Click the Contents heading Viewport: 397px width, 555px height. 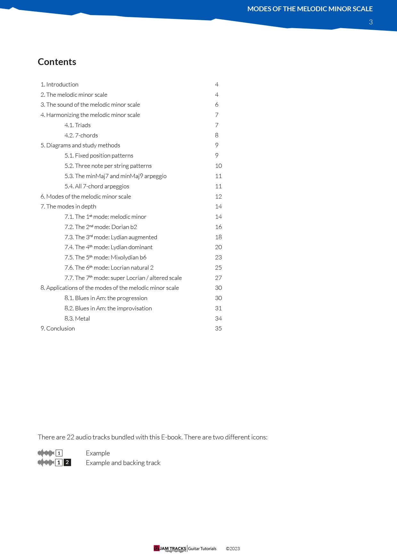click(57, 62)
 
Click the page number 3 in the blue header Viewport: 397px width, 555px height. click(371, 22)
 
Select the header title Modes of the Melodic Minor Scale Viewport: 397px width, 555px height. click(310, 9)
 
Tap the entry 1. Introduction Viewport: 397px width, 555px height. click(60, 85)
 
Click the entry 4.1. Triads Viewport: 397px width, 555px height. click(77, 125)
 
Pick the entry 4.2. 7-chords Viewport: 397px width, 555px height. click(81, 135)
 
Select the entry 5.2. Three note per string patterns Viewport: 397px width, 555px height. click(108, 166)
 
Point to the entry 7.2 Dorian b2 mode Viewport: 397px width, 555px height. click(101, 227)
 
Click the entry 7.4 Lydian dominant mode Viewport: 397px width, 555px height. click(108, 247)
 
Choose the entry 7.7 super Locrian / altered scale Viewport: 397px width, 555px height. click(123, 278)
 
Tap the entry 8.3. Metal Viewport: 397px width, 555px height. click(77, 319)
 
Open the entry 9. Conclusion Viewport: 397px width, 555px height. click(58, 329)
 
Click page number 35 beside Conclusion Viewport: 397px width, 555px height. click(218, 329)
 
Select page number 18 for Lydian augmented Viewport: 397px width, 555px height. click(218, 237)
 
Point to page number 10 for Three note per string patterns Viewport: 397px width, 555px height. click(218, 166)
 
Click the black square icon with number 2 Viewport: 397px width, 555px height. click(67, 462)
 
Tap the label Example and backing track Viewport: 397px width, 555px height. click(123, 463)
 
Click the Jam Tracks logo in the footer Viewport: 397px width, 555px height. click(170, 549)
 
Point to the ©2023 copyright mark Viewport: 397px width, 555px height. click(233, 549)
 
